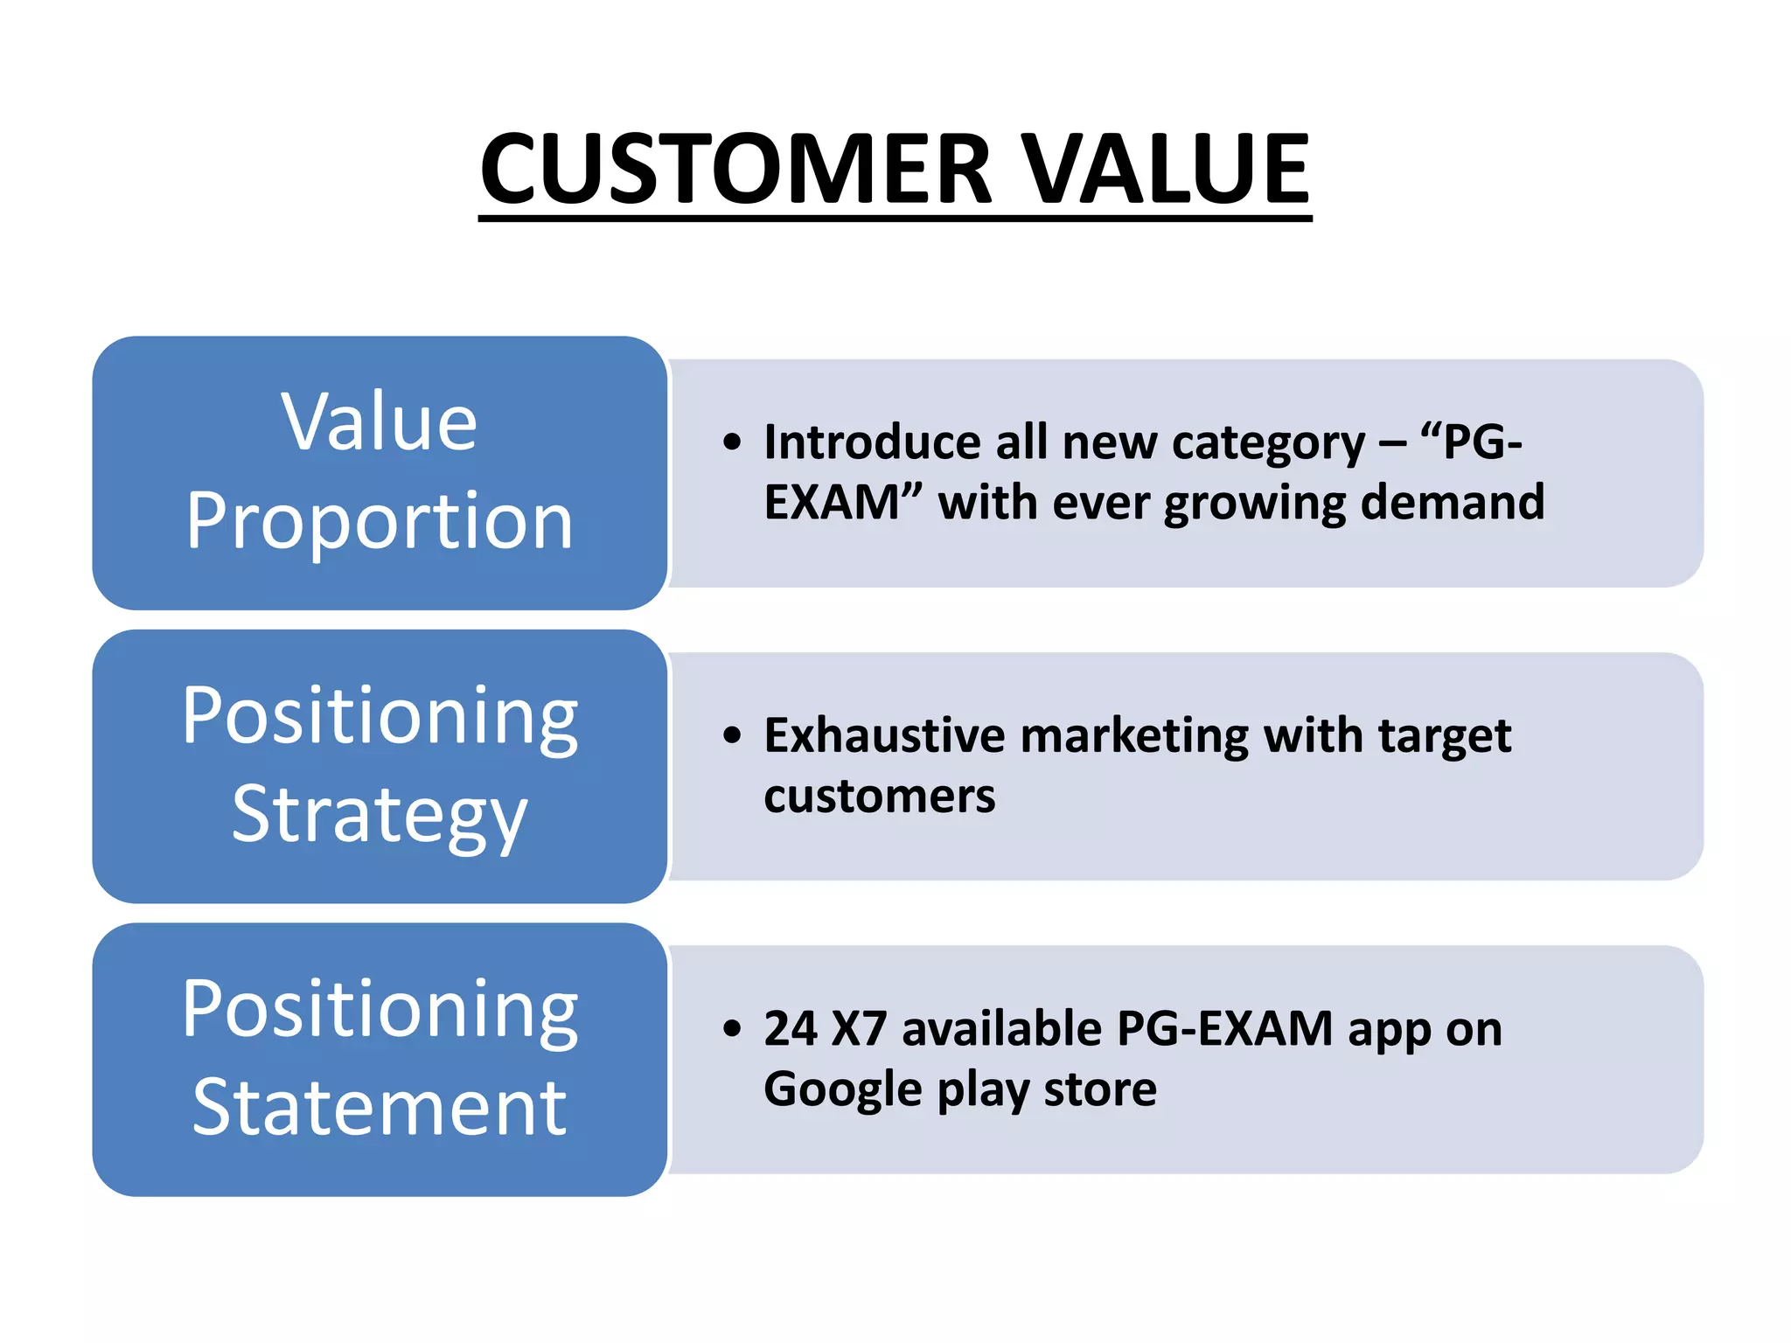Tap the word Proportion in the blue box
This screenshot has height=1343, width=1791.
point(380,522)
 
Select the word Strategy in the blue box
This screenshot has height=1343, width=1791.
point(380,815)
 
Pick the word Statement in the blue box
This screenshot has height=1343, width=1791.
point(380,1108)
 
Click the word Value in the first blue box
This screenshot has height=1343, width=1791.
point(380,423)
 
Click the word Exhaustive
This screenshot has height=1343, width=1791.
point(884,735)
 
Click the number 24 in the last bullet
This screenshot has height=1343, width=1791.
point(791,1029)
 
